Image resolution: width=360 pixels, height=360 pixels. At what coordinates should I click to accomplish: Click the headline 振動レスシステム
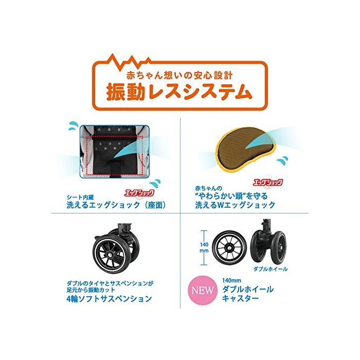[x=179, y=92]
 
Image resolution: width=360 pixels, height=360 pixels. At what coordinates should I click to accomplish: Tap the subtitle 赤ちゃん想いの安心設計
[x=179, y=76]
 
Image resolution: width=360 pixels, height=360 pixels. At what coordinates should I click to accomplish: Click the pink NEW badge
[x=202, y=291]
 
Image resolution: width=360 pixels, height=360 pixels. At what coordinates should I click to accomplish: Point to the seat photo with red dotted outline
[x=114, y=151]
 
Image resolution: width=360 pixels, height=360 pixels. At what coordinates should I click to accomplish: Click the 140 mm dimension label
[x=204, y=247]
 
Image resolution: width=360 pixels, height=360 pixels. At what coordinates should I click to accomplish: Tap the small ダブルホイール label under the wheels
[x=270, y=269]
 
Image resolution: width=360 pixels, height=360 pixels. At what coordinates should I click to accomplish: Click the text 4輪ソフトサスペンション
[x=109, y=299]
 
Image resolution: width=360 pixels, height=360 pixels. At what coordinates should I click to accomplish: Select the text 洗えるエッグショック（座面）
[x=116, y=205]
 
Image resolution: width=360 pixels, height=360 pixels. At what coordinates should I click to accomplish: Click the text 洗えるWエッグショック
[x=235, y=205]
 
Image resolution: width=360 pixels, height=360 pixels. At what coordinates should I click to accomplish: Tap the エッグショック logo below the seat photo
[x=139, y=193]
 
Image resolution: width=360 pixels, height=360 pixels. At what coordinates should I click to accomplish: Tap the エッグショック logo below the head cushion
[x=268, y=183]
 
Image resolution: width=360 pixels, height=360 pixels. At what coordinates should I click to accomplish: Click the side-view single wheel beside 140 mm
[x=229, y=247]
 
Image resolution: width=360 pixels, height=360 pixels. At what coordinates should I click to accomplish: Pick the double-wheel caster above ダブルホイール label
[x=268, y=243]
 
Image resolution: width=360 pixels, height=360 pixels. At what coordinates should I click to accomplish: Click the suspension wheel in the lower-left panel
[x=116, y=249]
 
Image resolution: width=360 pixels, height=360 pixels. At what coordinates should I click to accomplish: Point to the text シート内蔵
[x=80, y=197]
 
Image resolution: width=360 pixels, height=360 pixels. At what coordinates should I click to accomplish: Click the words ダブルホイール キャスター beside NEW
[x=248, y=294]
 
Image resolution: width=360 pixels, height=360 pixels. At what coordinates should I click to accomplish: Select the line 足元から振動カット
[x=91, y=290]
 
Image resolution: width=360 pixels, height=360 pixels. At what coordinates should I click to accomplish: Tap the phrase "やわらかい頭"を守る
[x=231, y=196]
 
